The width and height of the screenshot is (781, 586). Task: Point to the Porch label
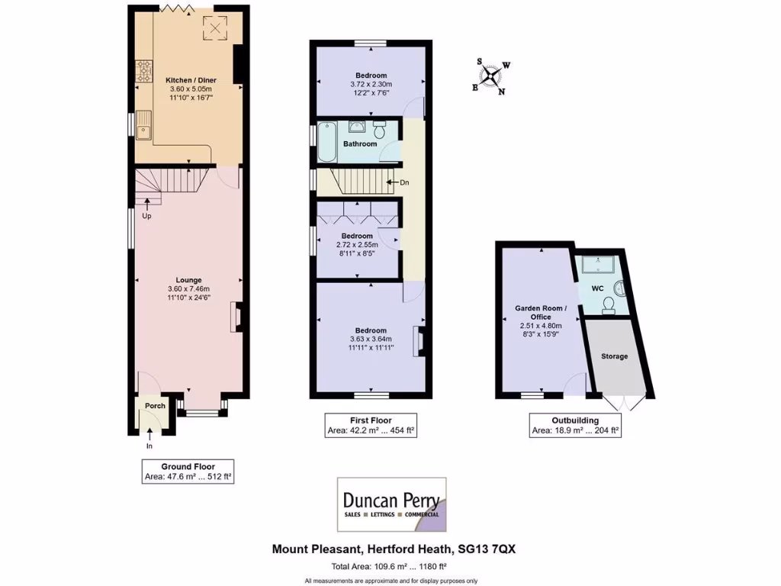pos(155,406)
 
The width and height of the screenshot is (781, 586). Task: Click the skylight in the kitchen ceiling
pos(214,29)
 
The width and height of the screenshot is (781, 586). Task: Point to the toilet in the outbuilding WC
pos(608,305)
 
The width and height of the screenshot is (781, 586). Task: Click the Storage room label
pos(615,356)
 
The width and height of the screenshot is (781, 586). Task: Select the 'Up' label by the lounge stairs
pos(146,216)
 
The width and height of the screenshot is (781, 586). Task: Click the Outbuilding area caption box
pos(575,425)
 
